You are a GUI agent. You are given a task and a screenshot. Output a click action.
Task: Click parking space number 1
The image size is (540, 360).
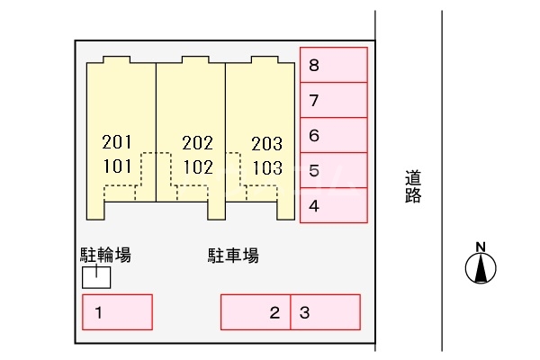click(117, 312)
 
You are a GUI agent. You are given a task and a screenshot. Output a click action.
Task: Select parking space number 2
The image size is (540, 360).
click(256, 312)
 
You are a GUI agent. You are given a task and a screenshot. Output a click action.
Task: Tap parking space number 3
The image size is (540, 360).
click(325, 312)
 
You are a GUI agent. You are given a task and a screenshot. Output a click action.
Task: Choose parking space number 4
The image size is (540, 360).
click(334, 205)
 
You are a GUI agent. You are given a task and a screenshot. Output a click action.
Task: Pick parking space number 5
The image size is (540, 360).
click(334, 170)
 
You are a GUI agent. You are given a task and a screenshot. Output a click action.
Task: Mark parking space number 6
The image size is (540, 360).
click(334, 136)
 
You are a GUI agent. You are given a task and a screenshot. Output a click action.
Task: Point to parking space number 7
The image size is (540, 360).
click(334, 100)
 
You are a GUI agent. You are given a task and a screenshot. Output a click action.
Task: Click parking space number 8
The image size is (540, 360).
click(334, 65)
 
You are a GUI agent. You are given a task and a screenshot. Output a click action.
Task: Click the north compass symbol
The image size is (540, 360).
click(481, 267)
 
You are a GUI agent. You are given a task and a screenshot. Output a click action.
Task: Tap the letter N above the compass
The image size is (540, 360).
click(481, 247)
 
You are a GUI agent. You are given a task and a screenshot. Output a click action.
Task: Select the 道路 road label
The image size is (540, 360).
click(413, 187)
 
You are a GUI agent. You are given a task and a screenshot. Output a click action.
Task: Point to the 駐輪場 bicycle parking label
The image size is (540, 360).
click(106, 256)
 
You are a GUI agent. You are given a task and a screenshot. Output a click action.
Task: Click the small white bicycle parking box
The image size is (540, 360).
click(96, 277)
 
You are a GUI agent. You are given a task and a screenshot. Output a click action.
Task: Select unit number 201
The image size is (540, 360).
click(118, 142)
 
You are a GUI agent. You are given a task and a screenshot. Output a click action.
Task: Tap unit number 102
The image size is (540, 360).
click(197, 166)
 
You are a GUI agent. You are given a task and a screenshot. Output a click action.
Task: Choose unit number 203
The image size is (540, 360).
click(266, 142)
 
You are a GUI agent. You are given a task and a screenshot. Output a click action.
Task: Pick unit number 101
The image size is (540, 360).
click(118, 166)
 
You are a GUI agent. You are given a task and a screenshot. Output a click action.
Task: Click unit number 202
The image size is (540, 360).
click(197, 142)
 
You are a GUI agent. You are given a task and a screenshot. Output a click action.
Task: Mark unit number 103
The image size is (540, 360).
click(266, 166)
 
